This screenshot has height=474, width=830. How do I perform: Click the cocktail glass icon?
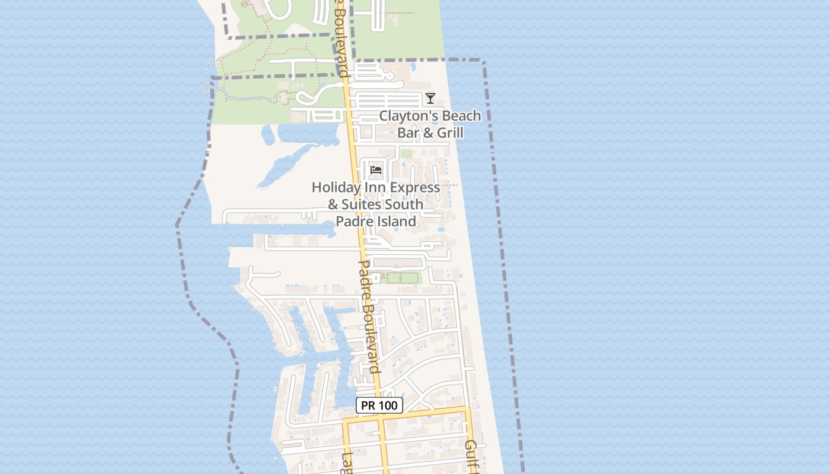click(x=430, y=98)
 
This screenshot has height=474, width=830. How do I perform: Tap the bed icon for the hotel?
click(x=376, y=170)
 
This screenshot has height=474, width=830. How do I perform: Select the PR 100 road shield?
click(x=379, y=405)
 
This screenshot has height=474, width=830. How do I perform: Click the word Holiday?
click(x=336, y=188)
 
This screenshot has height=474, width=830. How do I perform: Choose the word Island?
click(x=394, y=222)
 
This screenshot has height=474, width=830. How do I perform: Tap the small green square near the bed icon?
click(x=406, y=154)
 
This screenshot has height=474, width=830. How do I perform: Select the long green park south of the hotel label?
click(x=400, y=277)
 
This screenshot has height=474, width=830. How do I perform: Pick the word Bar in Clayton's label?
click(x=408, y=133)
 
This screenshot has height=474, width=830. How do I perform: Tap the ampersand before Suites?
click(x=333, y=205)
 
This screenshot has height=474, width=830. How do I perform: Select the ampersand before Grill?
click(x=427, y=133)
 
